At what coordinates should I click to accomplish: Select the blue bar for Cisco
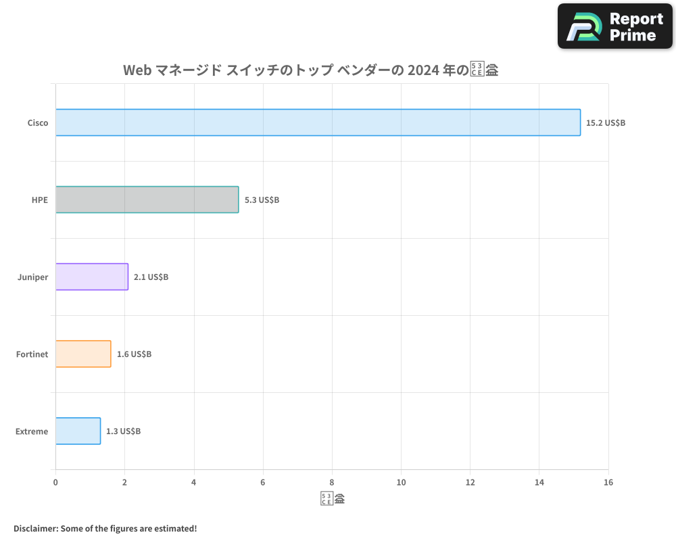pos(318,122)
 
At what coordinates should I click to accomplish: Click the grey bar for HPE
pos(147,199)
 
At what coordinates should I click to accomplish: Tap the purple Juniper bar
pos(91,277)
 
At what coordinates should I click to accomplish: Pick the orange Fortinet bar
pos(82,354)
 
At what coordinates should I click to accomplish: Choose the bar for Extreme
pos(78,431)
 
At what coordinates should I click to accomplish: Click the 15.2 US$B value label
pos(606,123)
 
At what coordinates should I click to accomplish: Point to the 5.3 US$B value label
pos(262,200)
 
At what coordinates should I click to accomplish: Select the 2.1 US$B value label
pos(151,277)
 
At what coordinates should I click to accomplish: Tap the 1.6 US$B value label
pos(134,354)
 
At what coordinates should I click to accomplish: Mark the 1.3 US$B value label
pos(123,431)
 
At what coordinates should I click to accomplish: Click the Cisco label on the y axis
pos(37,123)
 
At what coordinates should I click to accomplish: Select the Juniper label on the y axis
pos(32,277)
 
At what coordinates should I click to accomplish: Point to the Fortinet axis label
pos(32,354)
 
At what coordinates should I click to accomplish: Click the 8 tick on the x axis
pos(332,482)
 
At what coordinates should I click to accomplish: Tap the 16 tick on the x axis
pos(608,482)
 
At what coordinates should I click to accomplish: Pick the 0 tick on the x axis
pos(55,482)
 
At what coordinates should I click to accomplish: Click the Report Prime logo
pos(614,26)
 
